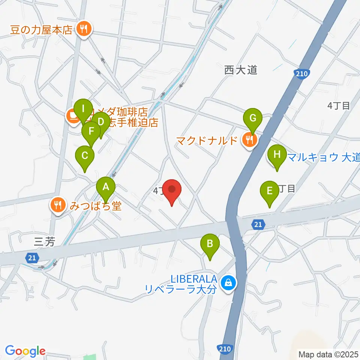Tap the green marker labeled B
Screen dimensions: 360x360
pos(210,244)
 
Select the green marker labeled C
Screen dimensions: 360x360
pos(85,155)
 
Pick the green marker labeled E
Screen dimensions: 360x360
pos(269,191)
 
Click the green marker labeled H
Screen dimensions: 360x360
pos(277,154)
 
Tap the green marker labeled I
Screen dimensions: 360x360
pos(82,109)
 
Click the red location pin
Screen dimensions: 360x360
pos(172,189)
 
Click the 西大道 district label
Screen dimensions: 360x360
pos(241,70)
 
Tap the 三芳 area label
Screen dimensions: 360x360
pos(44,242)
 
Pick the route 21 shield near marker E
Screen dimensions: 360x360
pos(257,224)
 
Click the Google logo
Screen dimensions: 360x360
pos(25,351)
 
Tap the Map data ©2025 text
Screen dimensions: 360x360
pos(328,354)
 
